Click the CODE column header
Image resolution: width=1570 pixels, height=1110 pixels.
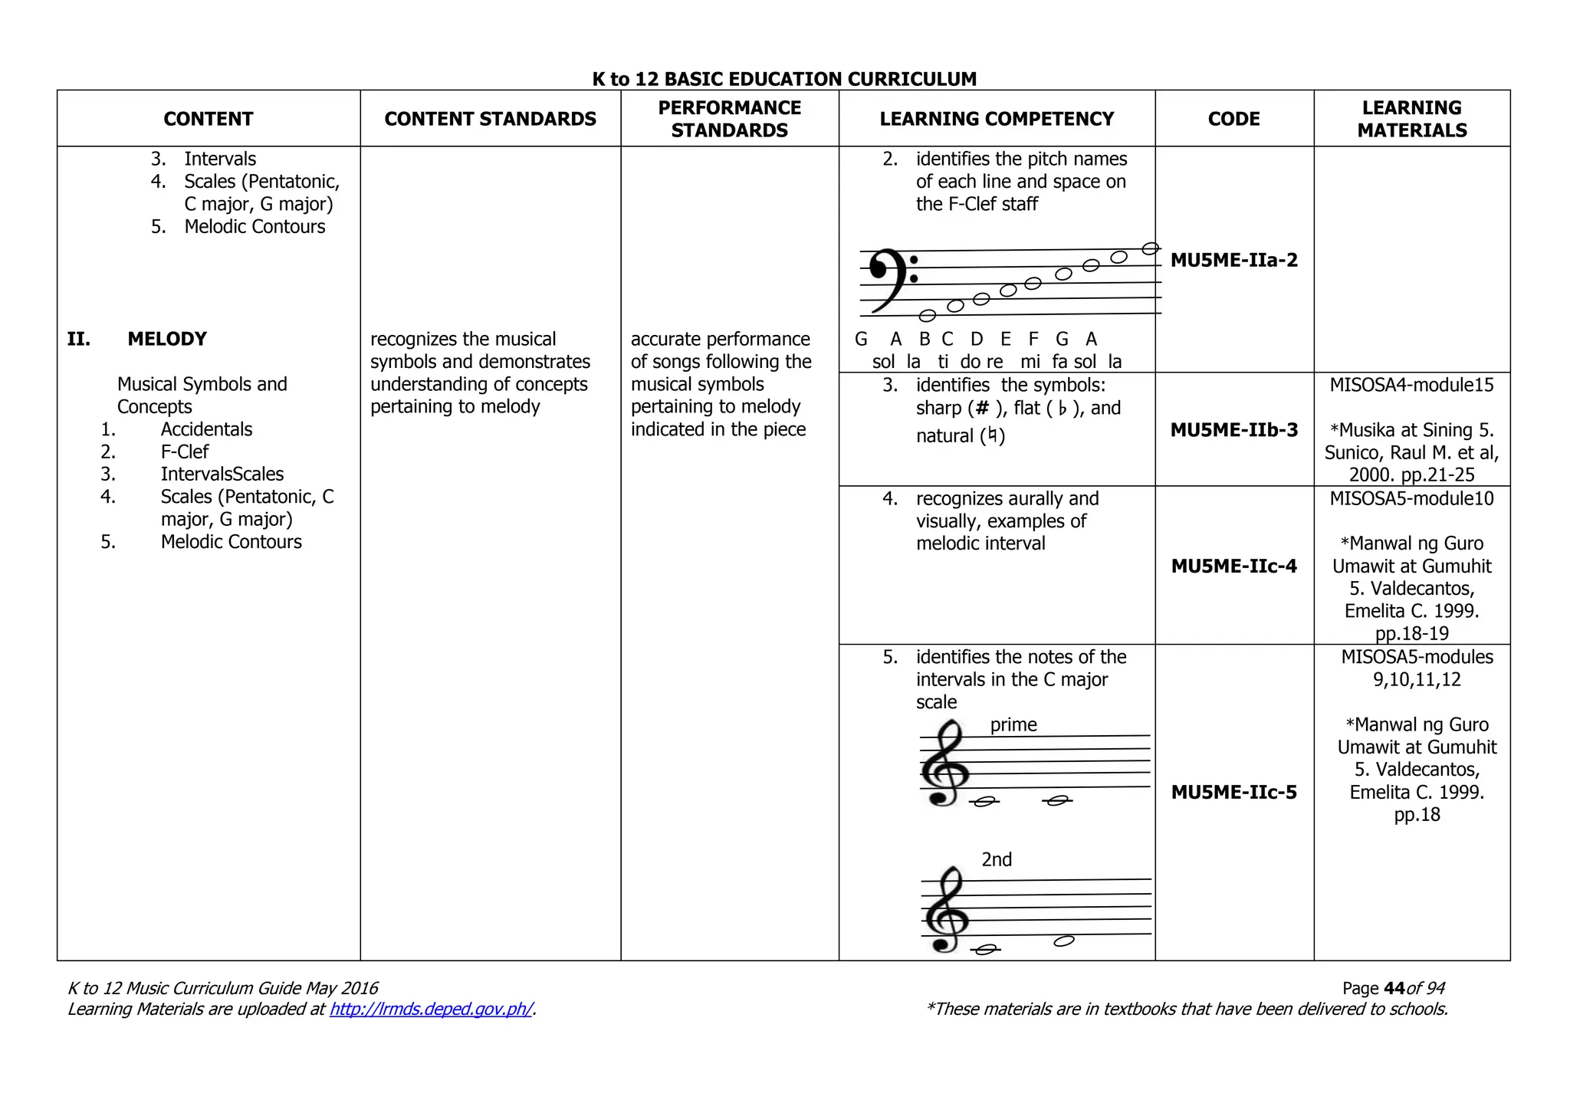tap(1233, 119)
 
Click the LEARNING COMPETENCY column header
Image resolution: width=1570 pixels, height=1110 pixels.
tap(997, 119)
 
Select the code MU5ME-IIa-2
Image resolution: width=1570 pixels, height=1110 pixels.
tap(1233, 260)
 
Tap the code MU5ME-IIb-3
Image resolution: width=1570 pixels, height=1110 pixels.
tap(1233, 430)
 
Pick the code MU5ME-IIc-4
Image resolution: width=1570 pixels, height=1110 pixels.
tap(1233, 566)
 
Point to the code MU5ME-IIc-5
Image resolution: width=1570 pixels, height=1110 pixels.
tap(1233, 792)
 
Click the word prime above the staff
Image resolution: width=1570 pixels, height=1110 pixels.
tap(1013, 724)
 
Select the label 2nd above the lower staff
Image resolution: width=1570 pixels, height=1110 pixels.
tap(996, 859)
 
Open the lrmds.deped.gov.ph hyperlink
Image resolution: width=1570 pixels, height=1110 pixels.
tap(431, 1009)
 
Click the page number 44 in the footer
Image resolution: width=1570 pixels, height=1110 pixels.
tap(1394, 988)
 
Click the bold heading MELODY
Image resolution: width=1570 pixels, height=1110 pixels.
tap(167, 339)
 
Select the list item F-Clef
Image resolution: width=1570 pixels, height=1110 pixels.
tap(184, 452)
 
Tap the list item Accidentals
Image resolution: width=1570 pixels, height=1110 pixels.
tap(206, 429)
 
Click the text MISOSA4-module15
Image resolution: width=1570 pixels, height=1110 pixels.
tap(1411, 385)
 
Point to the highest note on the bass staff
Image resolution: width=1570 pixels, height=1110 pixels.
tap(1150, 248)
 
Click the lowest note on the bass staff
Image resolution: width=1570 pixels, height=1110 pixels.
tap(928, 315)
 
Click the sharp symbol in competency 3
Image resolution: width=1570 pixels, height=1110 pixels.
tap(983, 409)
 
